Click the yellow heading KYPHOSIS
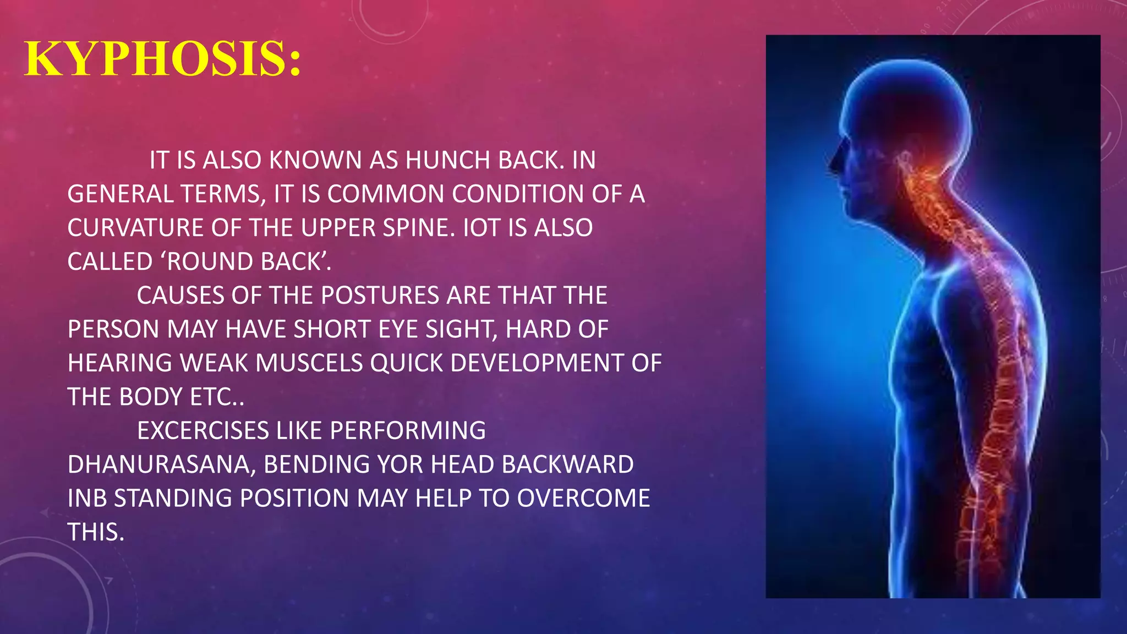tap(163, 59)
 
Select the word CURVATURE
tap(135, 228)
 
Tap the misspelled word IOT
tap(482, 228)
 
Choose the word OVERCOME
tap(583, 499)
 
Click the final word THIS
tap(95, 532)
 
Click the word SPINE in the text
tap(416, 228)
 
